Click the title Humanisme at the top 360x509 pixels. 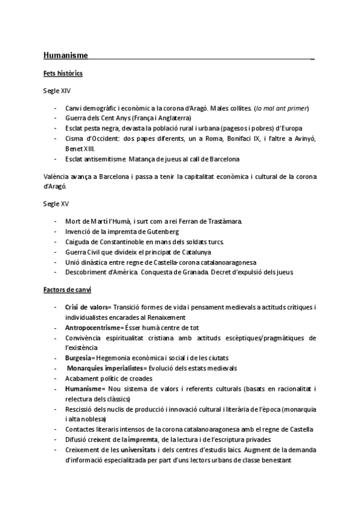tap(65, 56)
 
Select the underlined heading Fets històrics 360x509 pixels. tap(63, 73)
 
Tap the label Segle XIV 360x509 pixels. tap(56, 91)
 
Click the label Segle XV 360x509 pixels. tap(56, 204)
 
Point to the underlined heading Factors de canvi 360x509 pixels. tap(67, 290)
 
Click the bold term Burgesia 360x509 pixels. tap(79, 358)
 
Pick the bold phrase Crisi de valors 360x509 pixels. tap(86, 307)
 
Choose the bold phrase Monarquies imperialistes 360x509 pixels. tap(106, 368)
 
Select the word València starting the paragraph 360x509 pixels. tap(58, 176)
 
